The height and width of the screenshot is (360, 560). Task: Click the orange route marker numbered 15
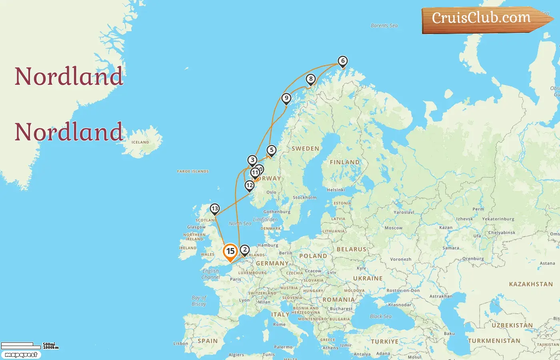coord(230,252)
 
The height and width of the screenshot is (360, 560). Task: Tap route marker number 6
coord(342,61)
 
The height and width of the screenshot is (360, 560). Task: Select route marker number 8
coord(311,79)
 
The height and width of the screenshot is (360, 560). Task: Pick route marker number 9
coord(286,98)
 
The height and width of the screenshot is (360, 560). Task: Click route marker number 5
coord(272,150)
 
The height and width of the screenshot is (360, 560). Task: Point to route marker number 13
coord(215,209)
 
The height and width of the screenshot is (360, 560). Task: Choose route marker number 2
coord(245,250)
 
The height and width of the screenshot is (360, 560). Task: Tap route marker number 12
coord(250,186)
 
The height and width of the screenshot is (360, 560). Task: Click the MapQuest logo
coord(21,355)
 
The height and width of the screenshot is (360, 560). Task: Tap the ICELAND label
coord(140,142)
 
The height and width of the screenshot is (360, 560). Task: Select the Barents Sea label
coord(384,26)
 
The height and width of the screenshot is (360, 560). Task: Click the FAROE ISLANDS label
coord(193,172)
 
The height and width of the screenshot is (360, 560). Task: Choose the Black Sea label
coord(380,316)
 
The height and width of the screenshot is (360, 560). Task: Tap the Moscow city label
coord(393,228)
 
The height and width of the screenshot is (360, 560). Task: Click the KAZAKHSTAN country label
coord(531,284)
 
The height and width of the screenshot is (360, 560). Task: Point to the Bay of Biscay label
coord(199,301)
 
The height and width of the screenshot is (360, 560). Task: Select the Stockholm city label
coord(304,198)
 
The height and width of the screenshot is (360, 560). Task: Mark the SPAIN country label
coord(208,341)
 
